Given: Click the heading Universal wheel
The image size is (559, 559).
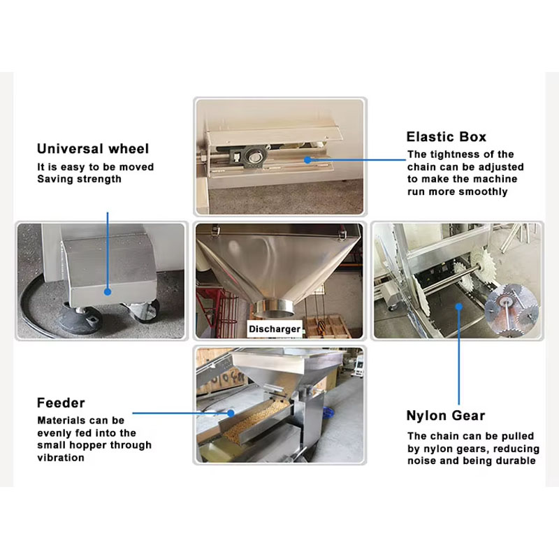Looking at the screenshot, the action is (x=93, y=149).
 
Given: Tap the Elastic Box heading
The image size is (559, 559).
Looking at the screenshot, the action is (x=447, y=137).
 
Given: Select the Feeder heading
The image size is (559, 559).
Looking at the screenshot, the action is (x=61, y=403).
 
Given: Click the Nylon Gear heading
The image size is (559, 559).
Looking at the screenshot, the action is (x=446, y=416).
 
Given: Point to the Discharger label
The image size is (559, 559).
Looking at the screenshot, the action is (x=275, y=328).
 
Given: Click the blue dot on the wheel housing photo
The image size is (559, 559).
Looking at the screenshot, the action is (x=108, y=291).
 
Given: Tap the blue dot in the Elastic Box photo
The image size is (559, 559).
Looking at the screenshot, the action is (x=307, y=160).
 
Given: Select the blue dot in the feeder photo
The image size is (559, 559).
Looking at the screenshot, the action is (x=231, y=413).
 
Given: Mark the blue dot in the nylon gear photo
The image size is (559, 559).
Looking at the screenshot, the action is (x=459, y=307).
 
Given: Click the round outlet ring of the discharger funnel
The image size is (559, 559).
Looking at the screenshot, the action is (x=275, y=308).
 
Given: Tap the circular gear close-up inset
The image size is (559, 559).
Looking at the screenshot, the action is (x=512, y=310).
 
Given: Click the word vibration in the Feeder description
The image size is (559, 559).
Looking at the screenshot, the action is (x=61, y=458).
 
